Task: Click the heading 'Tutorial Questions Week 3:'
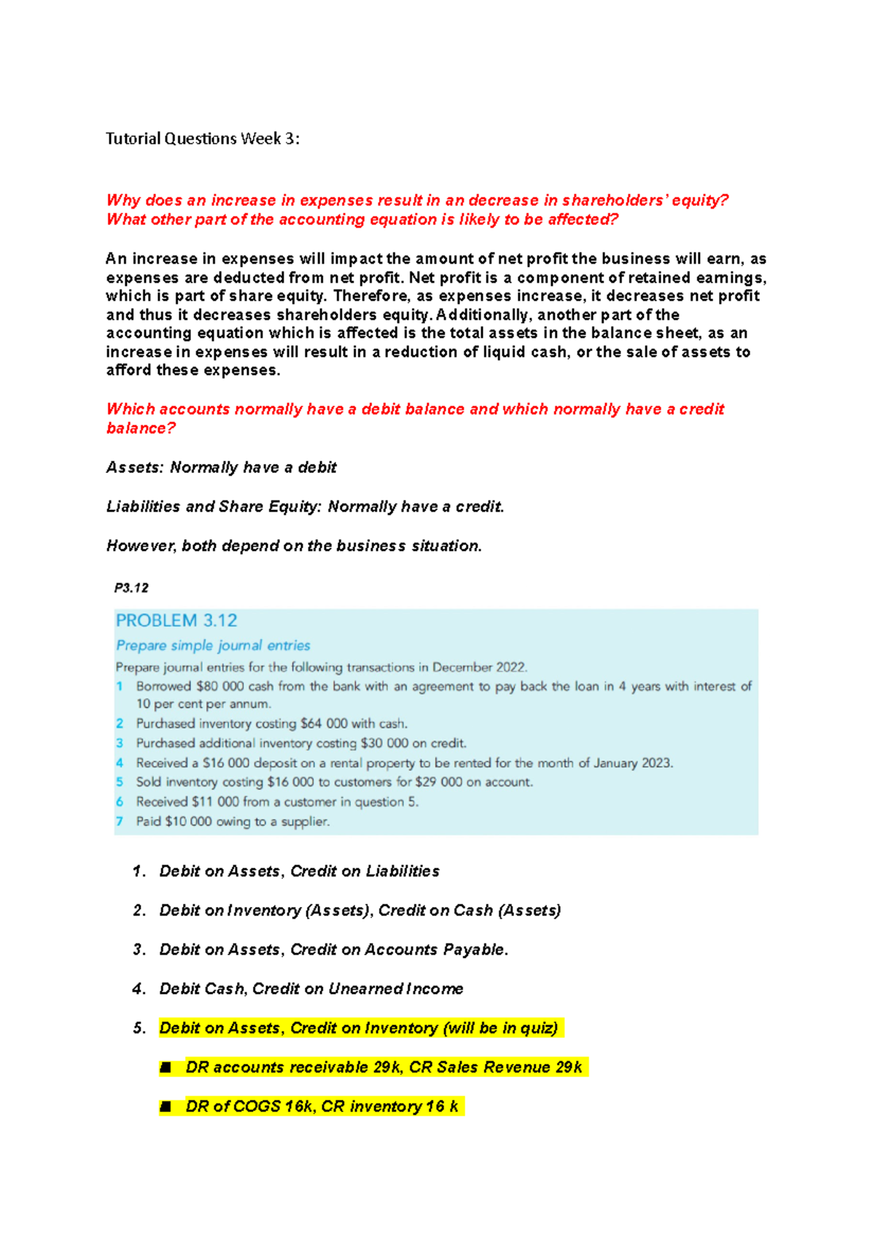coord(202,139)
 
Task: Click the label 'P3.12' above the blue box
coord(131,587)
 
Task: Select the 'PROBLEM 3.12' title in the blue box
coord(176,621)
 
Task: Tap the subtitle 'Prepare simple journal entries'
coord(213,646)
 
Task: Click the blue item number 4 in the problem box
coord(120,763)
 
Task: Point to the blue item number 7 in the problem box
coord(120,822)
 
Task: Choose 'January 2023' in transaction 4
coord(632,763)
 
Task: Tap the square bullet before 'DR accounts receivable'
coord(166,1068)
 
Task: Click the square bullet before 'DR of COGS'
coord(166,1107)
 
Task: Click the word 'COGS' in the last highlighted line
coord(257,1107)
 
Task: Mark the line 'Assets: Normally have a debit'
coord(221,468)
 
